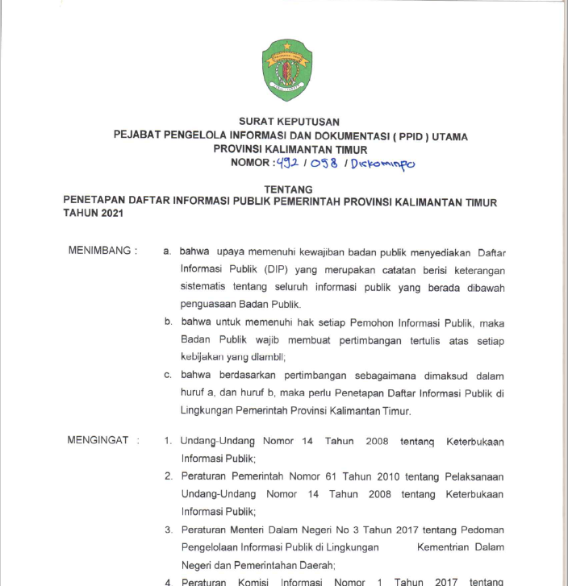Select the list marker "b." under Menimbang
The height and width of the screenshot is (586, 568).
pos(168,322)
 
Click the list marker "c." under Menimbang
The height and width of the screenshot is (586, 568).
pos(168,376)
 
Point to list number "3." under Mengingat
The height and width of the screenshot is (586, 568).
pos(169,530)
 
